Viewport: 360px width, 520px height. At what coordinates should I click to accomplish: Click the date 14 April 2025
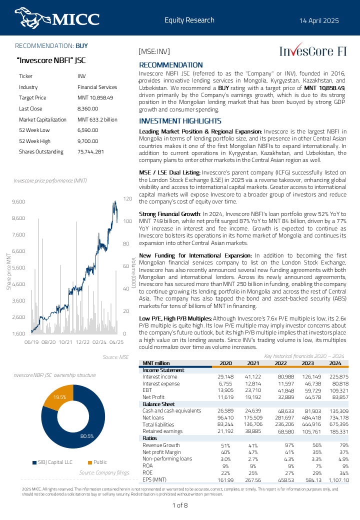[x=319, y=20]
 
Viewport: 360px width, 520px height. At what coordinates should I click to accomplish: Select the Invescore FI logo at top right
[x=312, y=51]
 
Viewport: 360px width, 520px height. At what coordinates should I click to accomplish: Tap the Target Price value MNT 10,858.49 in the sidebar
[x=95, y=97]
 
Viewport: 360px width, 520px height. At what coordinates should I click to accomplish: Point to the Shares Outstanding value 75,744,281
[x=90, y=151]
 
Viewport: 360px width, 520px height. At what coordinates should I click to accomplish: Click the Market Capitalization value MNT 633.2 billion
[x=97, y=119]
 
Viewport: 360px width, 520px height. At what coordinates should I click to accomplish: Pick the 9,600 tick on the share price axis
[x=18, y=201]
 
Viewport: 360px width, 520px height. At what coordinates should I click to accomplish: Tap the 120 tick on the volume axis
[x=127, y=199]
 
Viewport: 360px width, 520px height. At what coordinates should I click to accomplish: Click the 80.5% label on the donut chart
[x=87, y=436]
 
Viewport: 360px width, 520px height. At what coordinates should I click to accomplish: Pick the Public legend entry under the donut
[x=97, y=462]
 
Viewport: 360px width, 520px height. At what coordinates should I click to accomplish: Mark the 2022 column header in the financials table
[x=280, y=363]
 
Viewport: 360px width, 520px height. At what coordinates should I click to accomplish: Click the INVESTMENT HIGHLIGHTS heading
[x=180, y=121]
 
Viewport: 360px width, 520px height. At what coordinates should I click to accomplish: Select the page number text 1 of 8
[x=180, y=505]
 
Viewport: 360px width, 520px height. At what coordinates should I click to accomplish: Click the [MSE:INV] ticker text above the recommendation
[x=154, y=51]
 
